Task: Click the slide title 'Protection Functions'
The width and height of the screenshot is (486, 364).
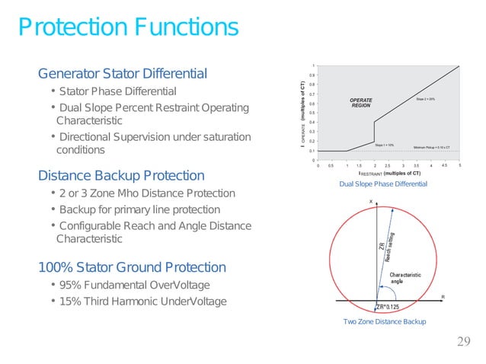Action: pyautogui.click(x=128, y=28)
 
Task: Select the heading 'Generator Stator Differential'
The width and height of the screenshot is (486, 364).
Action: pyautogui.click(x=123, y=74)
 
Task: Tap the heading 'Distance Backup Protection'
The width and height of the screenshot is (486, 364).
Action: pyautogui.click(x=121, y=176)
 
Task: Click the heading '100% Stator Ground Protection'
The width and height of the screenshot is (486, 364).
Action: pyautogui.click(x=132, y=267)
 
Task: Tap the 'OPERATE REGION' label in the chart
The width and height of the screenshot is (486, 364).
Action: pyautogui.click(x=360, y=102)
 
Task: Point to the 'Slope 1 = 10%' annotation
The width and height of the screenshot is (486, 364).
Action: pyautogui.click(x=384, y=144)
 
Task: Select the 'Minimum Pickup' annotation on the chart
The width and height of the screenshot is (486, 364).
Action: pyautogui.click(x=431, y=148)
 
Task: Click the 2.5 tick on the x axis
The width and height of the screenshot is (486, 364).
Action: pyautogui.click(x=388, y=165)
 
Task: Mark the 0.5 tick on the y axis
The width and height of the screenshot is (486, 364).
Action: pyautogui.click(x=312, y=113)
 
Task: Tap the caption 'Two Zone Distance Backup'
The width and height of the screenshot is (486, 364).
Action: pyautogui.click(x=385, y=322)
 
